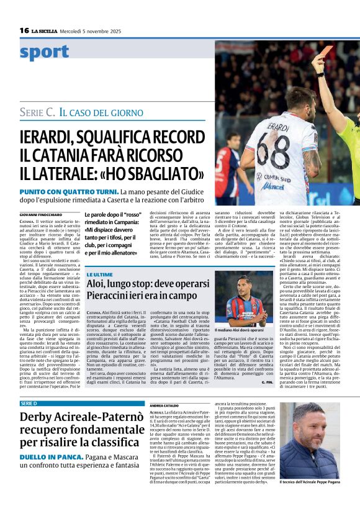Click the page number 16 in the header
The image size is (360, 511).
[24, 30]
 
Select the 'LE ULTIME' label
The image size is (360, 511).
[99, 274]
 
